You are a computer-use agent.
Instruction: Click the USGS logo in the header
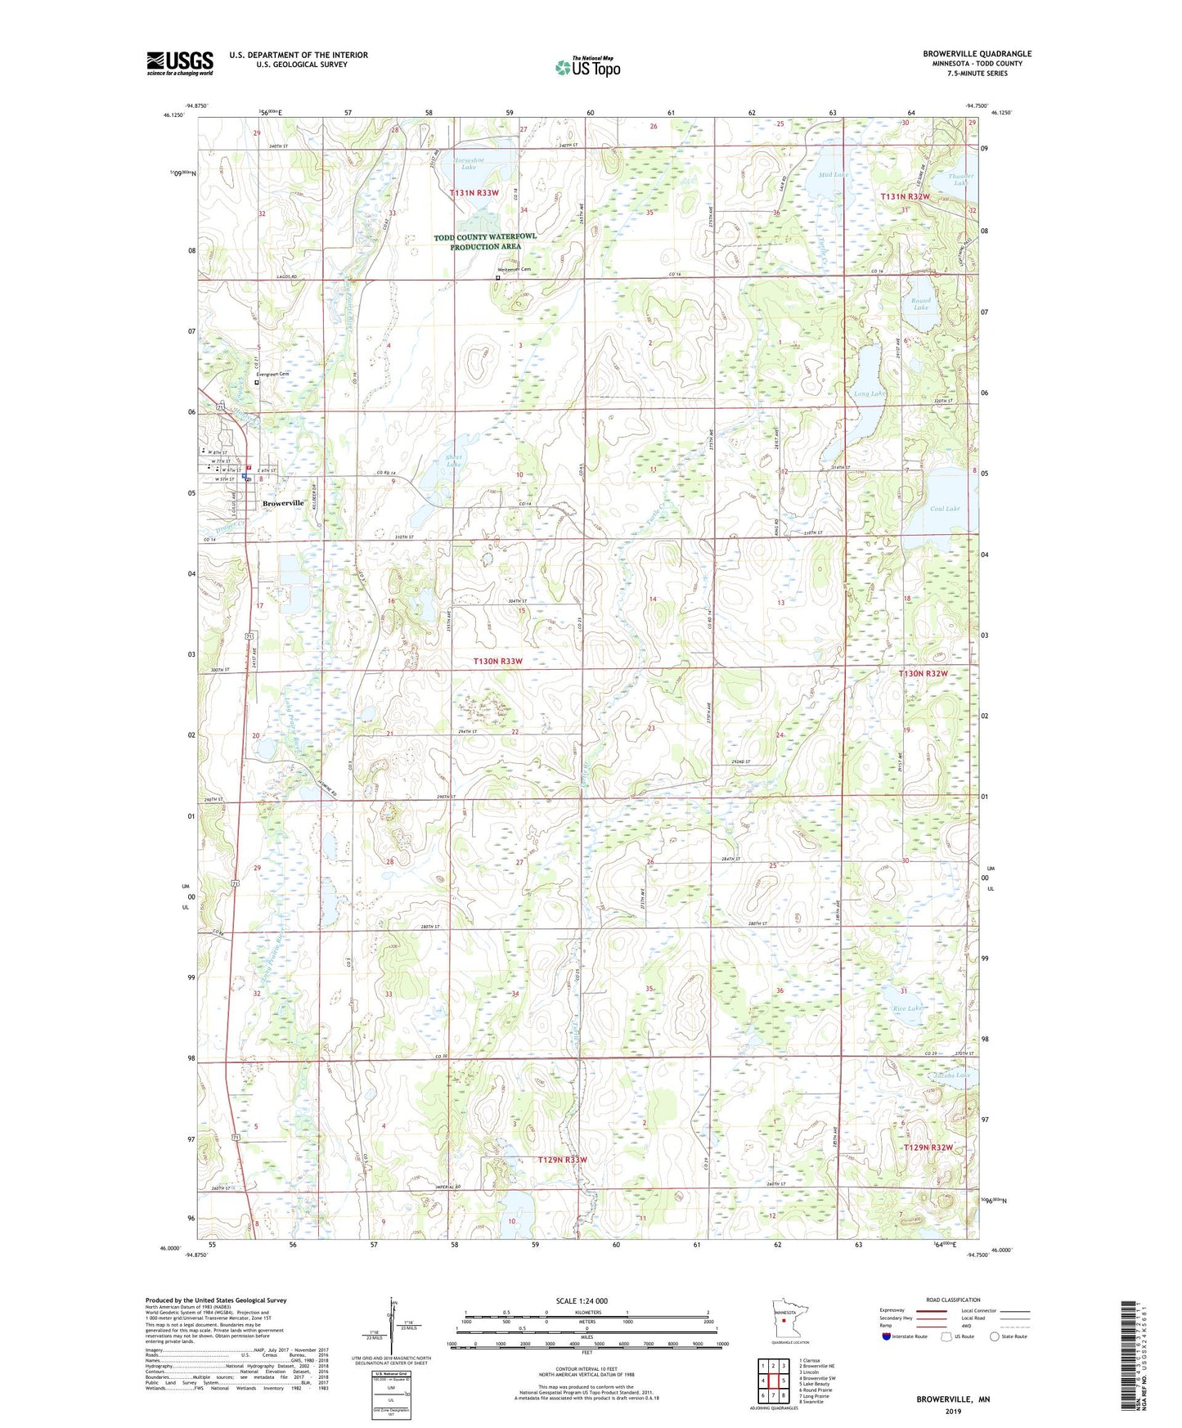180,63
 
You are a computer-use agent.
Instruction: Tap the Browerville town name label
282,504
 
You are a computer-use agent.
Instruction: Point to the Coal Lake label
945,509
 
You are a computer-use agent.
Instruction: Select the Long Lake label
870,394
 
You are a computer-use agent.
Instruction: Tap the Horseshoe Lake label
470,163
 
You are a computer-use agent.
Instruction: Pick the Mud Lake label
833,175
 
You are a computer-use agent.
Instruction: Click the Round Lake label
921,303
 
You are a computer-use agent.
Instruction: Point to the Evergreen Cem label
273,375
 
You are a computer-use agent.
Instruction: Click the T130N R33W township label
497,661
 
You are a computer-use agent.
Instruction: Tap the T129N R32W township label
928,1147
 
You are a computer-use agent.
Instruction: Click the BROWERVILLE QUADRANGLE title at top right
977,54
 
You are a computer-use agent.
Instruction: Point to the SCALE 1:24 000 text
582,1300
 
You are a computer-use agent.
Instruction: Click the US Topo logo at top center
587,68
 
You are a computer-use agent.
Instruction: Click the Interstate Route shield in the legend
888,1336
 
